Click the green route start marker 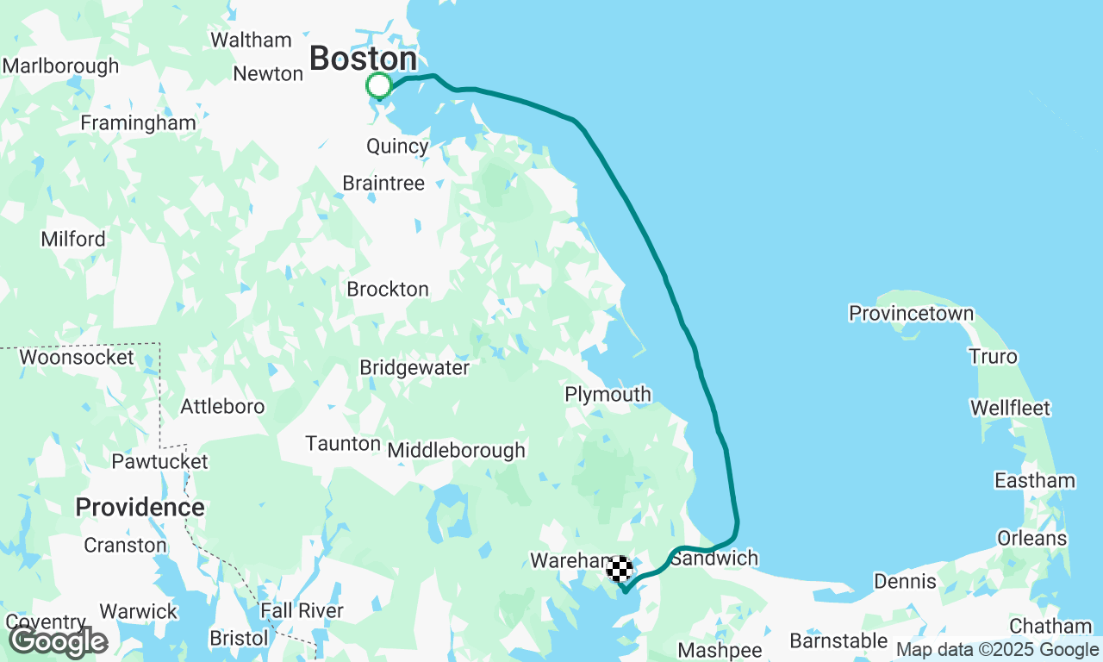click(x=379, y=85)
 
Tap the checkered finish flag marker click(x=620, y=569)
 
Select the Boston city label click(x=363, y=59)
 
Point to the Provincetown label click(x=911, y=313)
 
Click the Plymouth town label click(x=608, y=394)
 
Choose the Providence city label click(x=140, y=508)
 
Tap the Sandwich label click(x=714, y=558)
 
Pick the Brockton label click(x=388, y=289)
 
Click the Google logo click(x=58, y=641)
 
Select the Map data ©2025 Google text click(x=997, y=650)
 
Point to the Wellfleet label click(x=1010, y=407)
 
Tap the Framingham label click(x=138, y=122)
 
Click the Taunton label click(x=343, y=443)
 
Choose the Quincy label click(x=397, y=146)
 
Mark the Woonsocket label click(x=77, y=357)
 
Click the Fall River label click(x=302, y=610)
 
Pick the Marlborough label click(x=60, y=66)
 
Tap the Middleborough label click(x=456, y=449)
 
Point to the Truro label click(x=993, y=356)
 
